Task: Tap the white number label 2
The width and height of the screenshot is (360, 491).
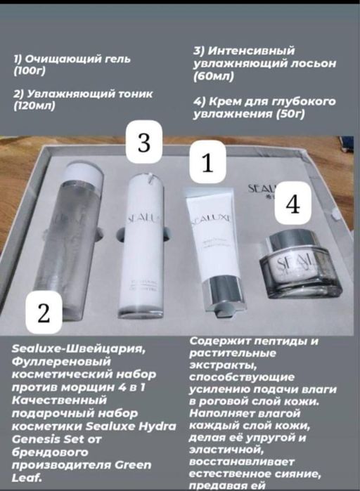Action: (46, 315)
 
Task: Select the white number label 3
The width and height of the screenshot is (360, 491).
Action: (145, 144)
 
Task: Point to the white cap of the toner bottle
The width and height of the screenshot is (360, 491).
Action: (84, 172)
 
